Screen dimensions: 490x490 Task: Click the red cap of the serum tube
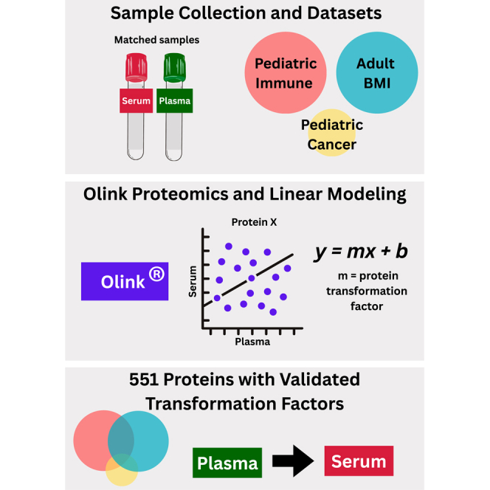(134, 67)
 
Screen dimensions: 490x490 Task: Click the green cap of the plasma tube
(175, 67)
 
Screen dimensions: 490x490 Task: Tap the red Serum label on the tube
(135, 101)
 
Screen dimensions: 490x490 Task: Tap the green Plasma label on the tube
(175, 101)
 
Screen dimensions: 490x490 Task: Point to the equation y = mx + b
(361, 252)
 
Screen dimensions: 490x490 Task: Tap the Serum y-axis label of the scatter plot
(193, 281)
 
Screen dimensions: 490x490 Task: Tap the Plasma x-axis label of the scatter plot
(252, 342)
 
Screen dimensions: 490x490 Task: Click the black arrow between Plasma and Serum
(291, 463)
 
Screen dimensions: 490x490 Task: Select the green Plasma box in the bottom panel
(227, 463)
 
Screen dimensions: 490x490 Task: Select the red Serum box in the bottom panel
(359, 462)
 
